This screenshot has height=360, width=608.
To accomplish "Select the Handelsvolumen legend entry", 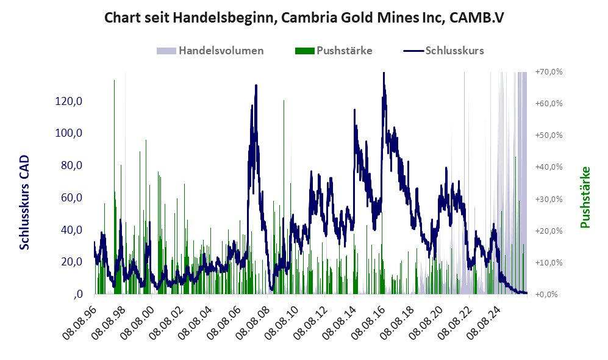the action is pos(210,51).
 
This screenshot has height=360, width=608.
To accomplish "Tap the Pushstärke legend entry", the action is pos(334,51).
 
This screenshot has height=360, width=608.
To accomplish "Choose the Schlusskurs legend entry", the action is pos(443,51).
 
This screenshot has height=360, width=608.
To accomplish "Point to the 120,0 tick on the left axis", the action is pos(69,101).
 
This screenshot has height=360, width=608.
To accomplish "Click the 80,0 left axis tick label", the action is pos(72,165).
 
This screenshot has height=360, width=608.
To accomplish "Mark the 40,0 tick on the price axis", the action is pos(72,229).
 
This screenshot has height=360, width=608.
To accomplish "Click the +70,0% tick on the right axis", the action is pos(549,72).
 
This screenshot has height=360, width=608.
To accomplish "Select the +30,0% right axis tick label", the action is pos(549,199).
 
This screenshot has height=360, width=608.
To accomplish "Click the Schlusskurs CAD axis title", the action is pos(24,202).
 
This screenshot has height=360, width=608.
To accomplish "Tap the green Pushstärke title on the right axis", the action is pos(585,197).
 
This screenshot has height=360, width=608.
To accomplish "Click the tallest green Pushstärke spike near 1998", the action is pos(114,81).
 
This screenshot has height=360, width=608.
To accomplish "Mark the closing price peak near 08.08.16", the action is pos(384,73).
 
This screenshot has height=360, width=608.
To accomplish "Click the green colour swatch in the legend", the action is pos(304,51).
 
